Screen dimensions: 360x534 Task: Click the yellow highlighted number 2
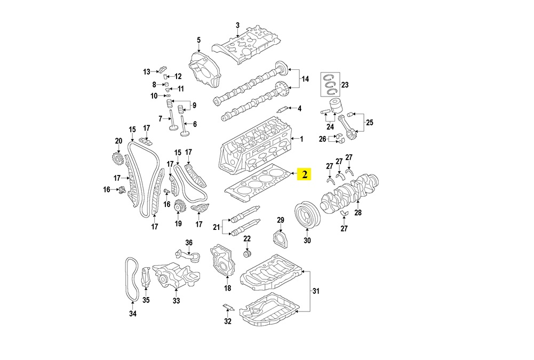tap(304, 174)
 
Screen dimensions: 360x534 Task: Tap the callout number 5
tap(198, 40)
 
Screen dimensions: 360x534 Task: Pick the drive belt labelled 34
tap(132, 279)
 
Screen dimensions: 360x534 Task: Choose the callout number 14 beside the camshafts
tap(305, 79)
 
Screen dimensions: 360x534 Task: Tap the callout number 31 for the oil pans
tap(315, 291)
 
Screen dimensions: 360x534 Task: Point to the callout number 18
tap(227, 289)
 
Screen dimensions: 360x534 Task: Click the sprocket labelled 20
tap(117, 159)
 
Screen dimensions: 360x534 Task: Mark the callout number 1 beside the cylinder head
tap(301, 140)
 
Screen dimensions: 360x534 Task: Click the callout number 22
tap(247, 238)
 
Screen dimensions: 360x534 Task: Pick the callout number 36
tap(188, 243)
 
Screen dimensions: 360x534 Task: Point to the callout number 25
tap(369, 122)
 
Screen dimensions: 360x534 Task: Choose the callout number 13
tap(147, 71)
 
